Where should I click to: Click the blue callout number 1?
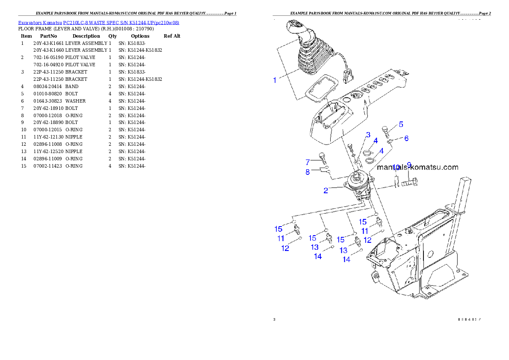coord(275,80)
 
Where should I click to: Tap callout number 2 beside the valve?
coord(326,191)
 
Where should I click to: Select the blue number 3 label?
coord(367,135)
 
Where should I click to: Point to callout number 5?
coord(401,124)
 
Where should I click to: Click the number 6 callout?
coord(406,138)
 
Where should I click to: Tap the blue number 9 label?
coord(409,165)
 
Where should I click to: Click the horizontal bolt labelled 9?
coord(410,183)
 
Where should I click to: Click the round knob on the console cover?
coord(355,96)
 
